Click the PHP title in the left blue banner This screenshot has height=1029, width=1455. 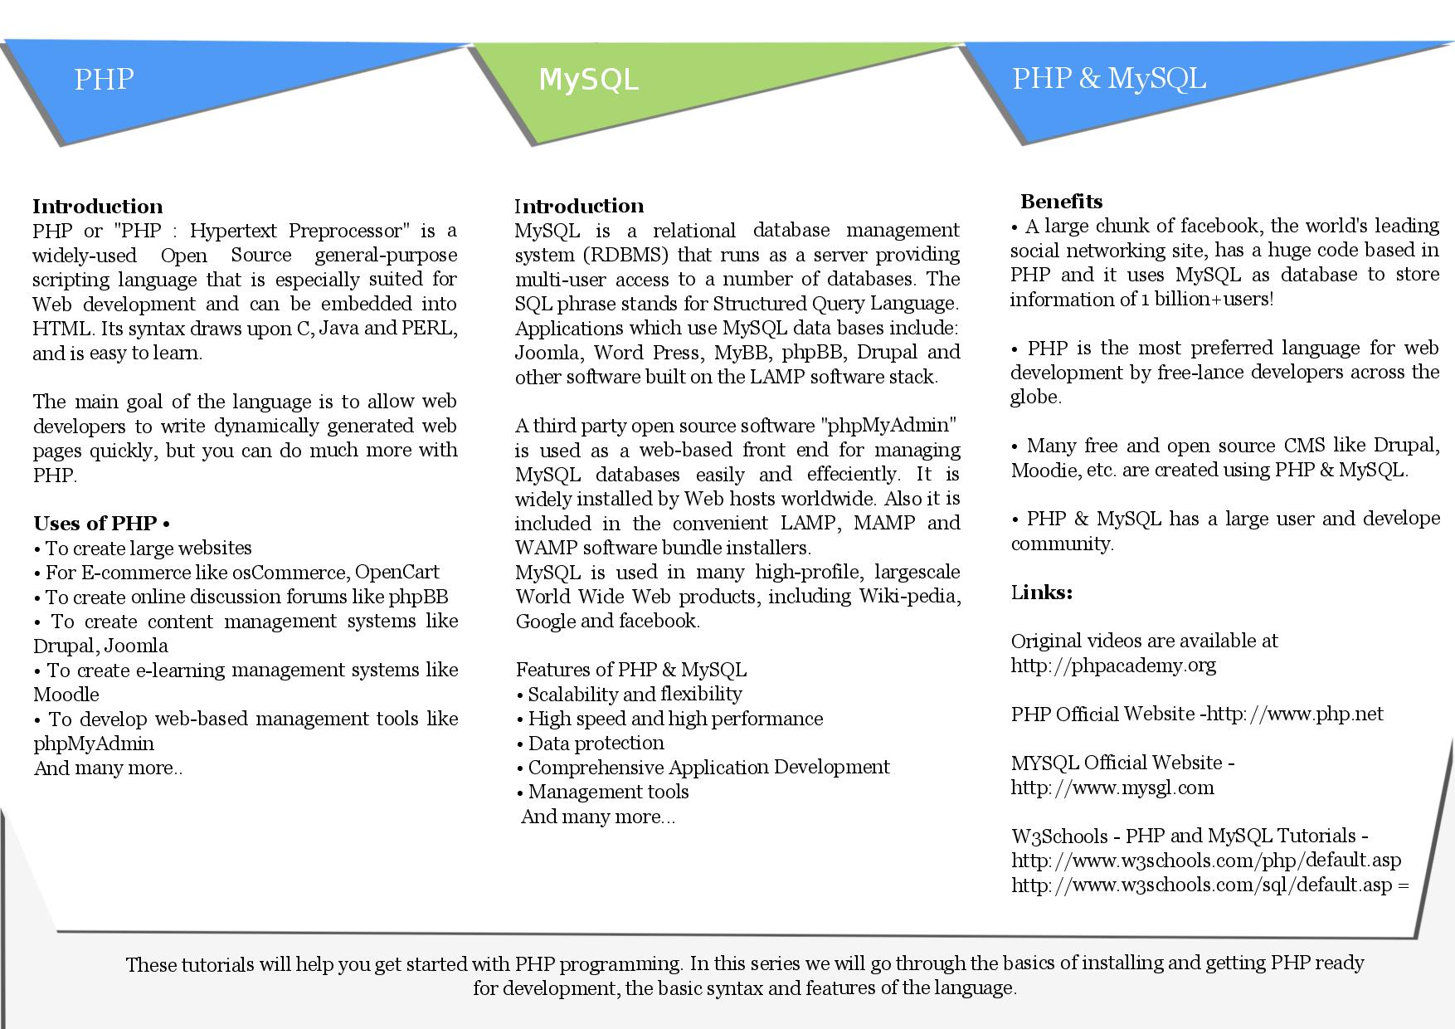104,79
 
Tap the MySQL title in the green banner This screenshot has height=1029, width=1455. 588,80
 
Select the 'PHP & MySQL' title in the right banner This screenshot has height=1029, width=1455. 1108,78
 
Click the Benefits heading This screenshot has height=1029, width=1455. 1061,202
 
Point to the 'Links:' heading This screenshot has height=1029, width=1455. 1041,593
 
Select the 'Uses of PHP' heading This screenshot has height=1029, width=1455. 95,524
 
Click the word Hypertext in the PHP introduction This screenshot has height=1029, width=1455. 235,230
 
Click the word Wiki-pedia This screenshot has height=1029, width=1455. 909,597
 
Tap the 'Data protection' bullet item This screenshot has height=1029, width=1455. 596,744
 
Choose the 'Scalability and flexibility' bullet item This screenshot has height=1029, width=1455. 635,695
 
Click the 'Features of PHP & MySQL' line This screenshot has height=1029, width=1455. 630,670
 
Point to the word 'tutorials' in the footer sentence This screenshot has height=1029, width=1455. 217,965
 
